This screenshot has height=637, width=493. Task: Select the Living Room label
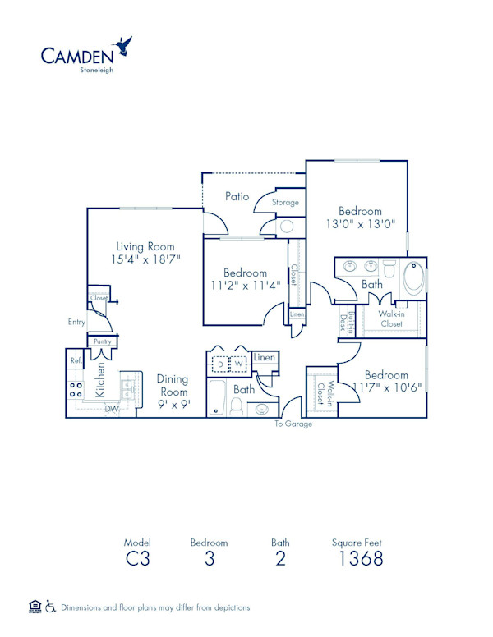145,245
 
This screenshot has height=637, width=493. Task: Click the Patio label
237,197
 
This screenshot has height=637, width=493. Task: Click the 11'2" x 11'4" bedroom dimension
245,285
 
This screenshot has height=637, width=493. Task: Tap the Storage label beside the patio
285,203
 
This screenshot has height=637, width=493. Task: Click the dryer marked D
219,363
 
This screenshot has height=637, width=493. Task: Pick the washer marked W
239,363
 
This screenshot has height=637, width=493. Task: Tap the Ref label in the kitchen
75,360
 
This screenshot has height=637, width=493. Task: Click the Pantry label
102,341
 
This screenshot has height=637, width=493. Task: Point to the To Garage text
293,424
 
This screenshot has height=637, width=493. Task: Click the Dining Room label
173,385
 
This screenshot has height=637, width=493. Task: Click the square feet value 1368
361,560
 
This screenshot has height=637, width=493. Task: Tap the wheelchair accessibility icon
50,607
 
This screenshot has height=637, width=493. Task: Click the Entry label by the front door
76,323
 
